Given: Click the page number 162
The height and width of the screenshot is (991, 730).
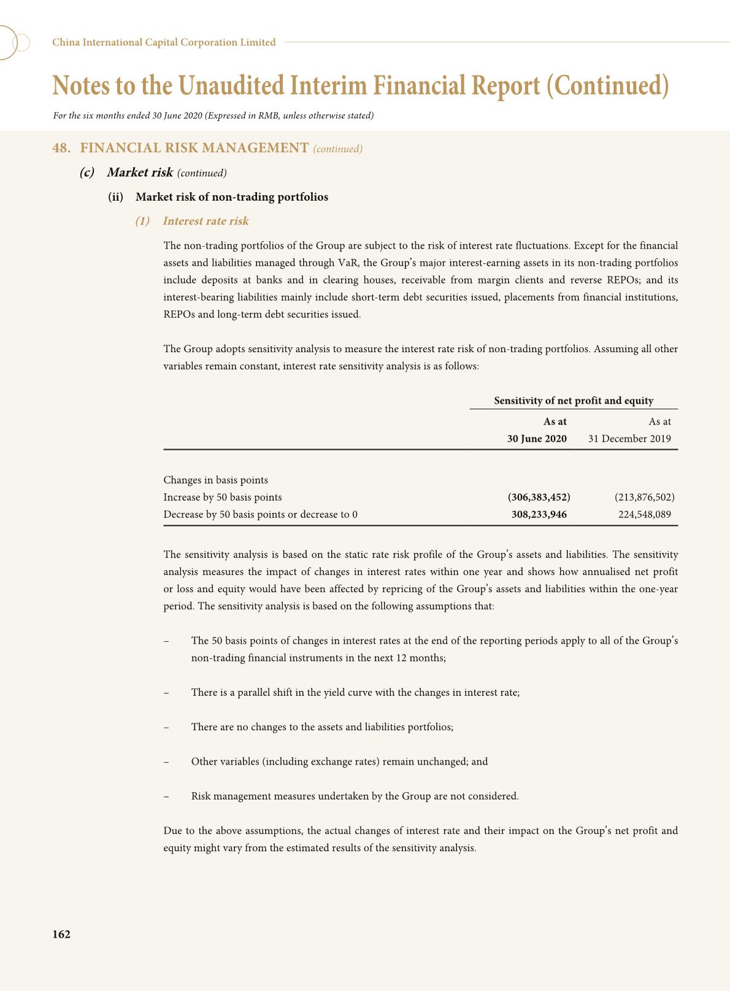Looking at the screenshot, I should click(x=61, y=935).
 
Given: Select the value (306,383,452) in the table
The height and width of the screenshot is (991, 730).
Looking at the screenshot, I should click(x=539, y=497).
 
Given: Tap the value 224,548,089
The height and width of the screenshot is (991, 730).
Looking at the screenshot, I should click(x=644, y=514).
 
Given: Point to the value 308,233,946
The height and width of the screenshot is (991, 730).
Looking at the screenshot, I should click(x=539, y=514).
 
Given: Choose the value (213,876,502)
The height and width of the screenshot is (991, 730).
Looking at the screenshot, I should click(x=644, y=497).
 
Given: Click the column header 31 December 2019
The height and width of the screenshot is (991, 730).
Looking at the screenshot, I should click(x=629, y=439).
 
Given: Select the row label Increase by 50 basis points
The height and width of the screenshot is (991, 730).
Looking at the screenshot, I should click(x=223, y=497).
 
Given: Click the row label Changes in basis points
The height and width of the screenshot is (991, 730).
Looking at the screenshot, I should click(x=215, y=480).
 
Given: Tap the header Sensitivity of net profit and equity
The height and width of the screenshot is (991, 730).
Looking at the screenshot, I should click(x=574, y=401).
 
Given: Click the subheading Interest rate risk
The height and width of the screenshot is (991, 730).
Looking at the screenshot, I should click(x=206, y=221).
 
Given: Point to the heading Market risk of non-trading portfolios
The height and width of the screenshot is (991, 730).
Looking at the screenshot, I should click(x=232, y=197).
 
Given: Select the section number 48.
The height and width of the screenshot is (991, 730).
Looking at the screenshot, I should click(x=61, y=148).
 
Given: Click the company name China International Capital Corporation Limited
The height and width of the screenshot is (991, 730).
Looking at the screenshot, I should click(x=164, y=42).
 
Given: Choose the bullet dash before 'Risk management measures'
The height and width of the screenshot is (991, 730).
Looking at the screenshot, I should click(x=166, y=796).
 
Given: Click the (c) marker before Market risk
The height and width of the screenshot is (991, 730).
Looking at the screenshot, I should click(x=86, y=172).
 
